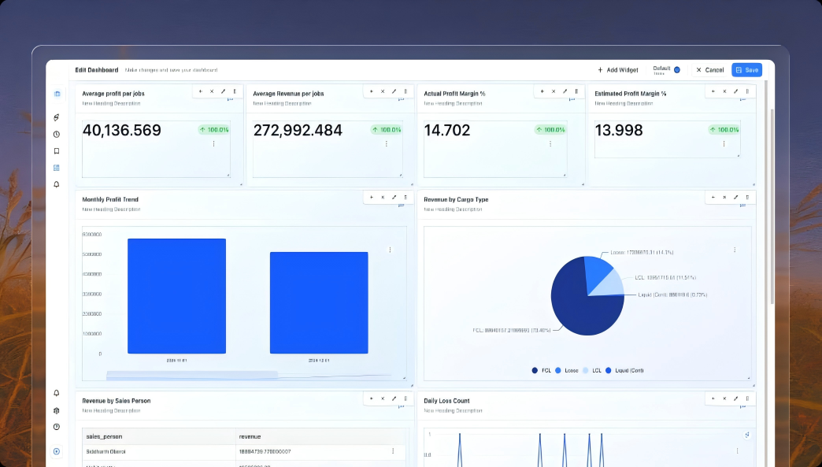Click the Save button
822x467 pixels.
pyautogui.click(x=746, y=70)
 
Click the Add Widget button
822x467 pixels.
pyautogui.click(x=618, y=70)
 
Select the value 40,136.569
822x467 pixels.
pyautogui.click(x=121, y=131)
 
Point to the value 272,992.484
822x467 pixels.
pyautogui.click(x=298, y=131)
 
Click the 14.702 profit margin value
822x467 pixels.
pyautogui.click(x=446, y=131)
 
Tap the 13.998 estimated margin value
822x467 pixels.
pyautogui.click(x=618, y=131)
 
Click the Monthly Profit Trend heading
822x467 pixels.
pyautogui.click(x=110, y=199)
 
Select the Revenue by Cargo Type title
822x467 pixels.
pyautogui.click(x=456, y=199)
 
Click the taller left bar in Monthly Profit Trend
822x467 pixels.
pyautogui.click(x=176, y=296)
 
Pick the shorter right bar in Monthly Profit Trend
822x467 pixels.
pyautogui.click(x=319, y=302)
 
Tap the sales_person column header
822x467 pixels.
pyautogui.click(x=104, y=436)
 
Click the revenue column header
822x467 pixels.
pyautogui.click(x=250, y=436)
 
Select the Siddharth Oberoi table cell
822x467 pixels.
pyautogui.click(x=106, y=451)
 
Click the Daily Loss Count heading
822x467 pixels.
pyautogui.click(x=446, y=401)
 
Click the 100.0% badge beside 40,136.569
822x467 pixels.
pyautogui.click(x=213, y=130)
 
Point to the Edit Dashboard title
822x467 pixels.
pyautogui.click(x=96, y=70)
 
